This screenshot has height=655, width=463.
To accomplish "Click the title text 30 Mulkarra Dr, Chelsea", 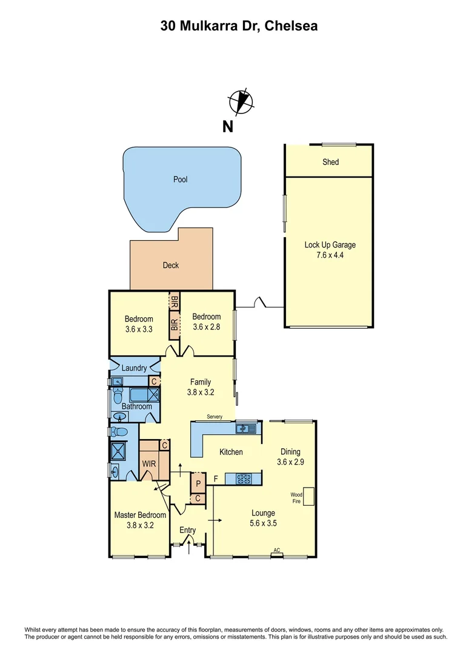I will (239, 26).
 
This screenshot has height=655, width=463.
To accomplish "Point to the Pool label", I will (180, 180).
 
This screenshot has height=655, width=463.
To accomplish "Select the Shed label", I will (330, 162).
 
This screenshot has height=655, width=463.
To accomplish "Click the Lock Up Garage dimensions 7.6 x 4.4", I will (330, 255).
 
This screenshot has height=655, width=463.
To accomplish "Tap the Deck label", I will (171, 265).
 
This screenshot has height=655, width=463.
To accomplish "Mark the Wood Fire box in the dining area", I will (309, 497).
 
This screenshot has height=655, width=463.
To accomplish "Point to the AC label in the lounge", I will (276, 551).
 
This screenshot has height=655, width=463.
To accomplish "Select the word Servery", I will (215, 417).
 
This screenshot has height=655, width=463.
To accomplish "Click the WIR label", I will (149, 464).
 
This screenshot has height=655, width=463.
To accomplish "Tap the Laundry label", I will (134, 368).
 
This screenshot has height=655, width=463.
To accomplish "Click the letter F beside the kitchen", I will (215, 479).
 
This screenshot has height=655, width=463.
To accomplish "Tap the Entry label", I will (188, 530).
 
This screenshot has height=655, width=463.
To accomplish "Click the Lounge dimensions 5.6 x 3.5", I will (263, 523).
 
